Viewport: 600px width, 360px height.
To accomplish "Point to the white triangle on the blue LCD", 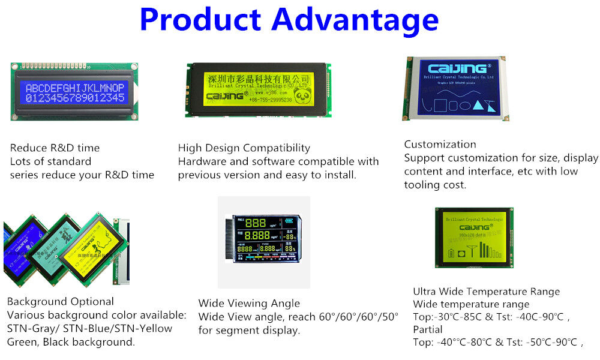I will [x=479, y=106].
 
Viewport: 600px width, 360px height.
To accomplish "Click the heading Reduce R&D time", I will [x=55, y=148].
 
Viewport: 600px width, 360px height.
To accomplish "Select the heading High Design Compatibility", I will [x=244, y=148].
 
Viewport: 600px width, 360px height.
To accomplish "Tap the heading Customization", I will [x=440, y=144].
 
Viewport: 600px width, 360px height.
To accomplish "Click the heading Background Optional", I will [x=60, y=301].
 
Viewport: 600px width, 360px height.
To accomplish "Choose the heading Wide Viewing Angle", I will [x=249, y=303].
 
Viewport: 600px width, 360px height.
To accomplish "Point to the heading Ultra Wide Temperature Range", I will [x=486, y=292].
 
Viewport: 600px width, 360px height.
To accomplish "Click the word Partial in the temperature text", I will [x=427, y=329].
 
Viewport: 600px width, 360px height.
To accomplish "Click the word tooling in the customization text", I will [x=423, y=185].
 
